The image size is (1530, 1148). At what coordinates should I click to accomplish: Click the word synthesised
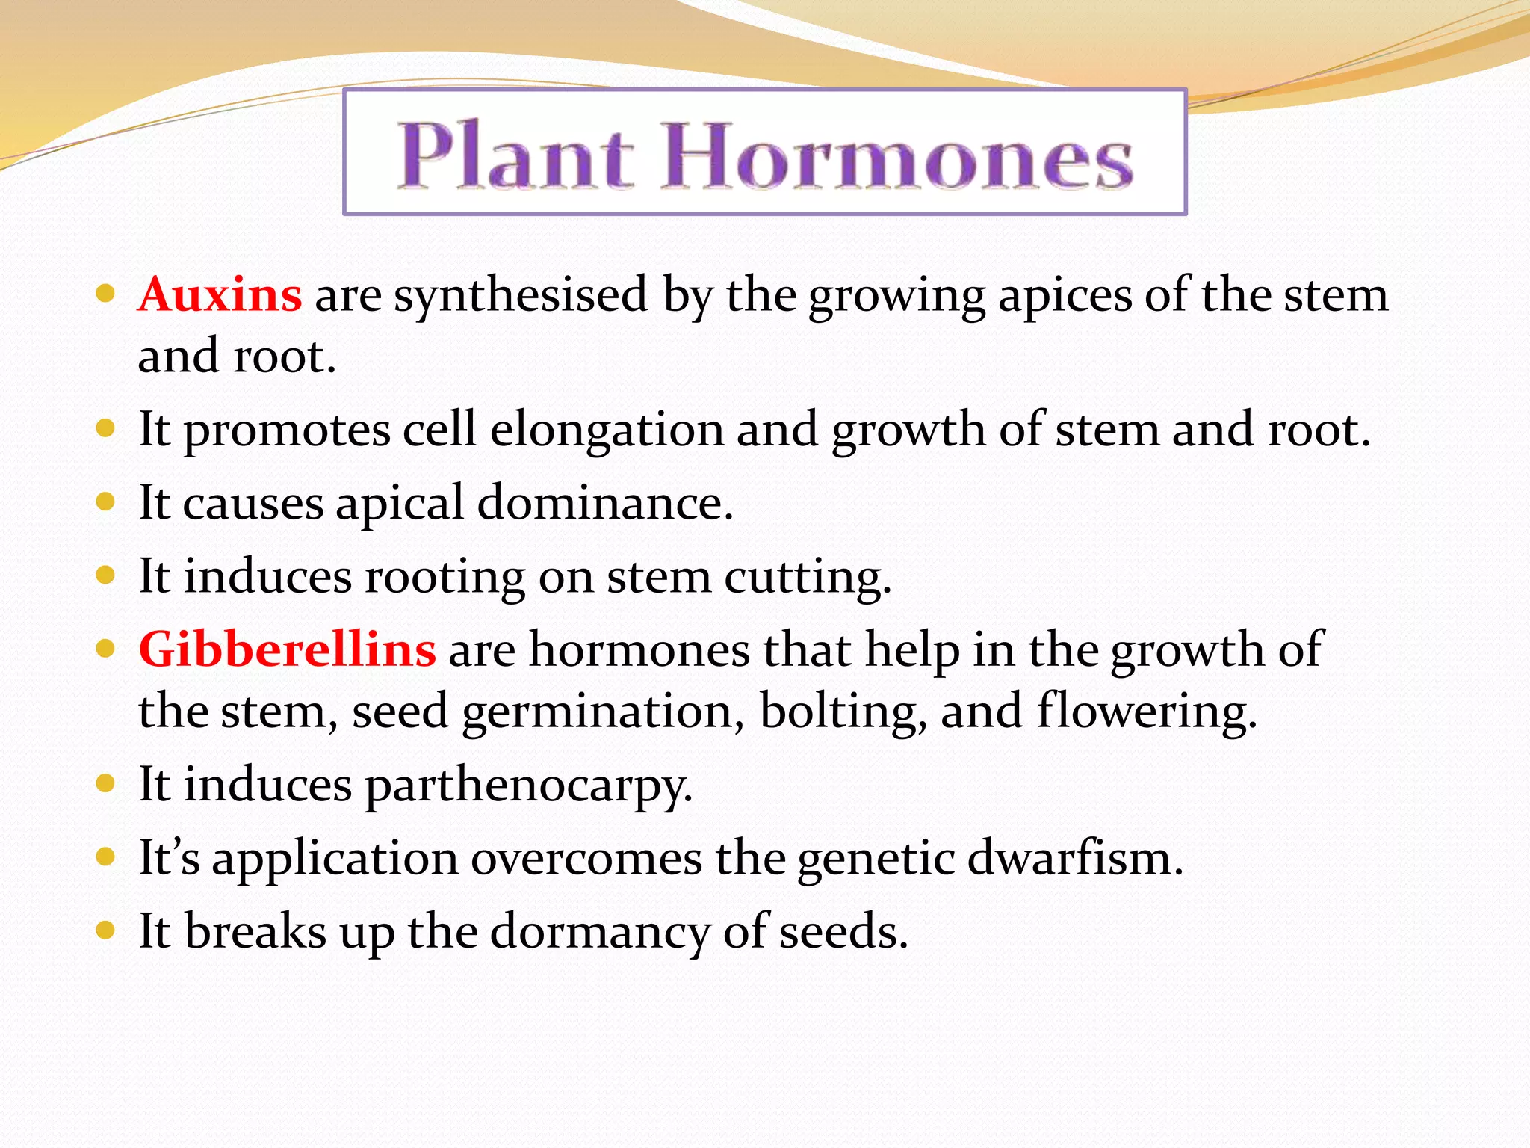coord(521,295)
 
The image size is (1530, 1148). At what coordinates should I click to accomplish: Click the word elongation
coord(606,431)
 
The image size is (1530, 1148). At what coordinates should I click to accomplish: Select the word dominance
coord(604,502)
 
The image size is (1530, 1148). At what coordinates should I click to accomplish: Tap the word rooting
coord(445,578)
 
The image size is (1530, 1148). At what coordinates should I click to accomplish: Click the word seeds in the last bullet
coord(843,933)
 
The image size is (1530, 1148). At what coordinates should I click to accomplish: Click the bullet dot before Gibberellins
coord(105,648)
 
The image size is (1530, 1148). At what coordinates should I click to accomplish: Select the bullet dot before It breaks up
coord(105,931)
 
